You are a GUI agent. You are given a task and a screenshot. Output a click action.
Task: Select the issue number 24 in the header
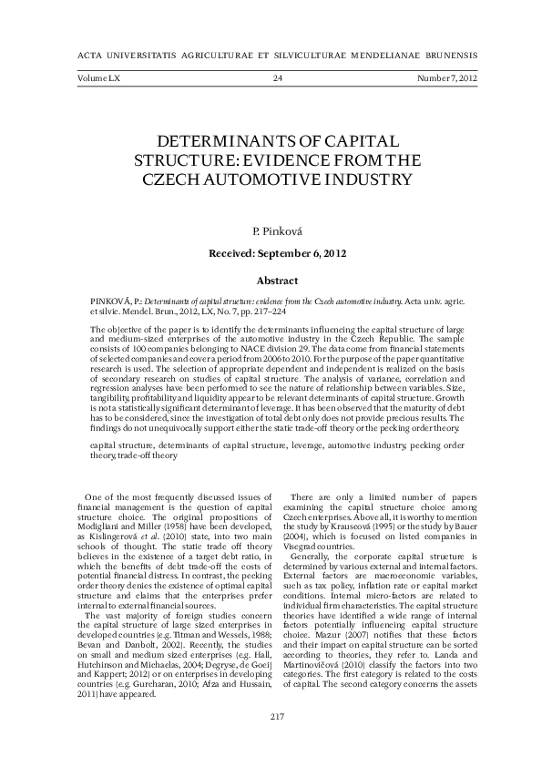coord(278,79)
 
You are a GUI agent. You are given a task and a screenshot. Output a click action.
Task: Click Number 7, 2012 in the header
coord(446,79)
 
